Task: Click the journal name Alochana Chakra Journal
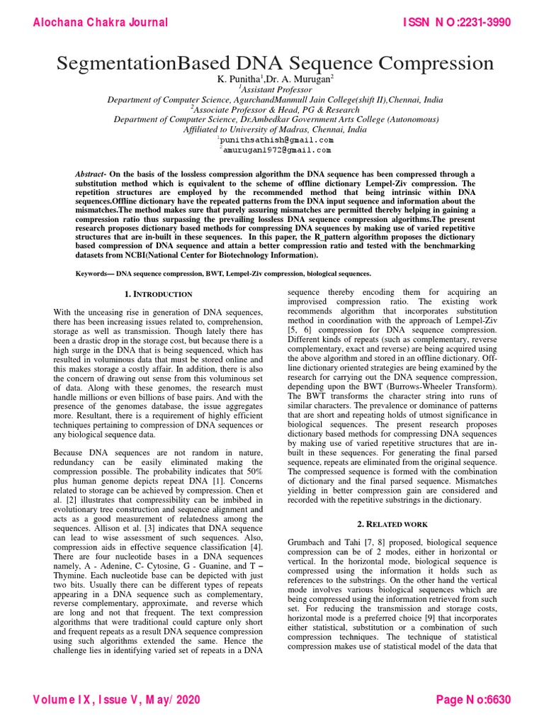101,22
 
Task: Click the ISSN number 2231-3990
479,22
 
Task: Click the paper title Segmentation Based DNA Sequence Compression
276,63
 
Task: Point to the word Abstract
90,174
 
